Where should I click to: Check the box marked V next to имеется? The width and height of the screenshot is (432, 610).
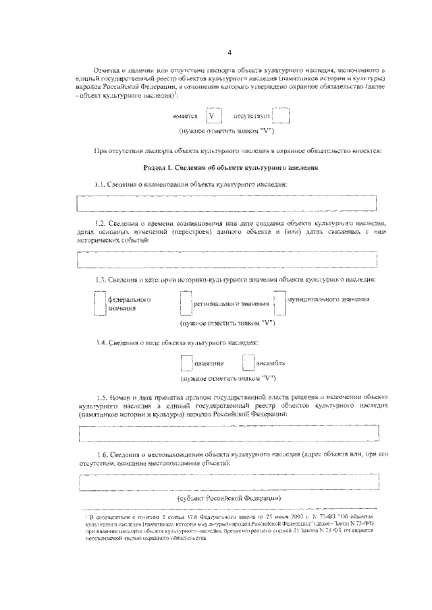point(212,116)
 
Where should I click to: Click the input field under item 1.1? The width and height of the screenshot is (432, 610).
point(227,203)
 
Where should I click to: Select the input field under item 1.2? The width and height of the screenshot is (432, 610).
point(227,259)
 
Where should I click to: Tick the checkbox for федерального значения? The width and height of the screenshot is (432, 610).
point(100,303)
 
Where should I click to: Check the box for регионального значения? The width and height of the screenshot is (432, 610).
point(186,303)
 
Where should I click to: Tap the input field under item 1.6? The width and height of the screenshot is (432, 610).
point(227,483)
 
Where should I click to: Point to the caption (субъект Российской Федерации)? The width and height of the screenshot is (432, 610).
point(230,498)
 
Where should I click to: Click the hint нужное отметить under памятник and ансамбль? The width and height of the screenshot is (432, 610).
point(229,377)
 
